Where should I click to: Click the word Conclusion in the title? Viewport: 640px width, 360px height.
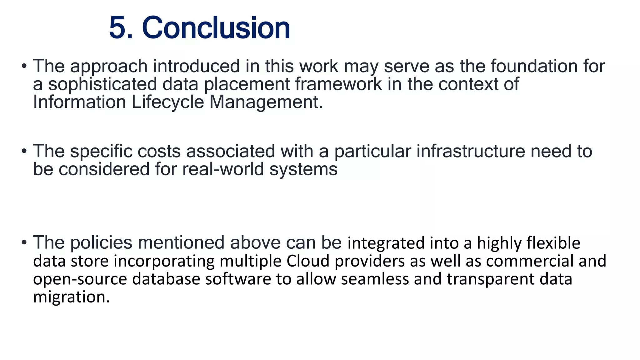click(216, 28)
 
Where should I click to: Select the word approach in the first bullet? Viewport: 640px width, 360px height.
click(108, 67)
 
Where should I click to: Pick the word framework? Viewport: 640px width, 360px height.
click(338, 84)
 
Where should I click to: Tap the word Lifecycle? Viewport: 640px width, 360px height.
click(167, 102)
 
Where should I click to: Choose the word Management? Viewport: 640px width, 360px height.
click(266, 103)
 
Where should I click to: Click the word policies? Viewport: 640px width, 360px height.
click(101, 243)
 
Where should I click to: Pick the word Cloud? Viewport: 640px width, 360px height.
click(308, 261)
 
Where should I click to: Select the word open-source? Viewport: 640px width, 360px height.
click(80, 279)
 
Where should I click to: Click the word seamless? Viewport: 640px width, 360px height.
click(375, 279)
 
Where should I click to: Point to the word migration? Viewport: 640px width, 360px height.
click(72, 297)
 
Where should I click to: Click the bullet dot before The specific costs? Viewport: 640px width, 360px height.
click(24, 151)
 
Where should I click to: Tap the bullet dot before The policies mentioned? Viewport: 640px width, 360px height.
click(24, 242)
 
